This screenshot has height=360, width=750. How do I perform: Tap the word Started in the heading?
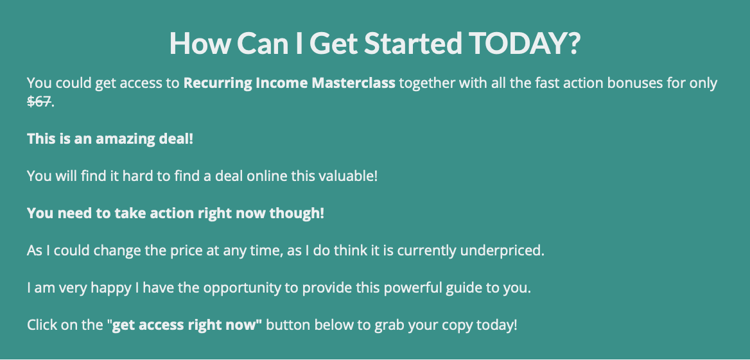[x=414, y=43]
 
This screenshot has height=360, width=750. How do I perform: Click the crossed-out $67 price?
[x=39, y=102]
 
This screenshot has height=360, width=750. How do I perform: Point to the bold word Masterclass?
[x=353, y=83]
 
